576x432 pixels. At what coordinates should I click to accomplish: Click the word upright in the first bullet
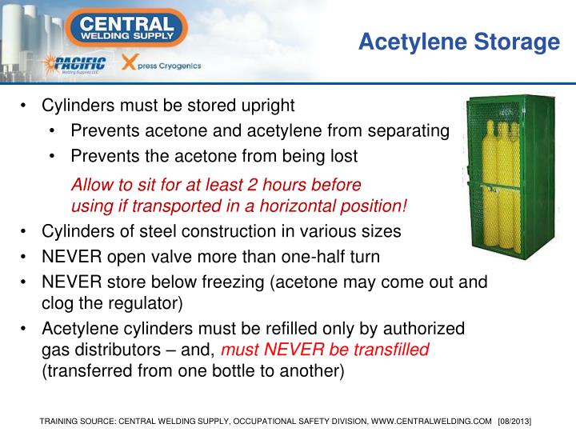pos(268,106)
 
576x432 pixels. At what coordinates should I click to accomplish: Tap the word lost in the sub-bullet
pos(342,155)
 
